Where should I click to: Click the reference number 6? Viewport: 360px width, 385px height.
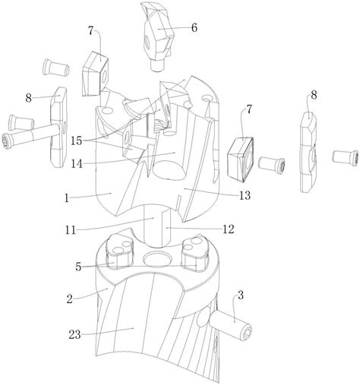pos(194,28)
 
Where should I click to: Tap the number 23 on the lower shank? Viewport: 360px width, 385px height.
pos(74,335)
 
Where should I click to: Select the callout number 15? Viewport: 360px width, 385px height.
pos(77,140)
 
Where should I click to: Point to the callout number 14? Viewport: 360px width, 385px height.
pos(77,163)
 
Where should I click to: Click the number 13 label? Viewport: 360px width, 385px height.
pos(245,195)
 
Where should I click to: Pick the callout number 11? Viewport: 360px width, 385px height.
pos(71,230)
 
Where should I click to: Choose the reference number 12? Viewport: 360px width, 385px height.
pos(229,229)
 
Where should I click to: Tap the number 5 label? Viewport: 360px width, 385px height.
pos(78,267)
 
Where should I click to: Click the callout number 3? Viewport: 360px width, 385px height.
pos(241,295)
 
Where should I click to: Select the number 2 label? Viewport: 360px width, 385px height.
pos(70,299)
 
